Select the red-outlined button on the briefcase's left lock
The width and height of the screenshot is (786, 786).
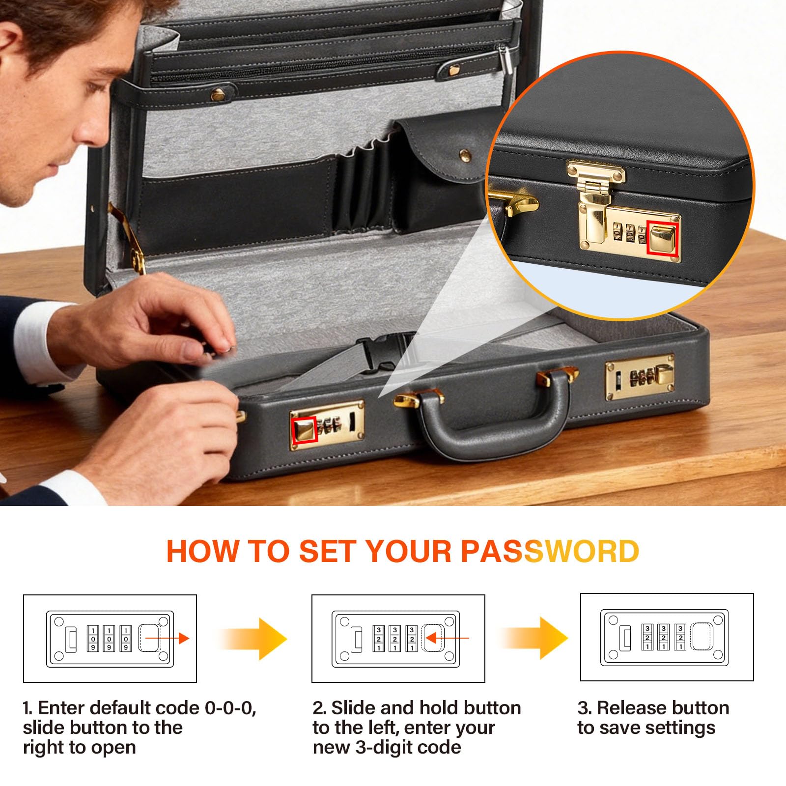305,430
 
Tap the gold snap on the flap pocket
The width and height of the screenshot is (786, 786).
465,156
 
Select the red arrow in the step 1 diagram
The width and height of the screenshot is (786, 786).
167,638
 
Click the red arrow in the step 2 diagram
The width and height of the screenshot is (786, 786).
447,638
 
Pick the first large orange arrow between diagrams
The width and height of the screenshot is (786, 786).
253,639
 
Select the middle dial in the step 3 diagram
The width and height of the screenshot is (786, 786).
663,638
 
